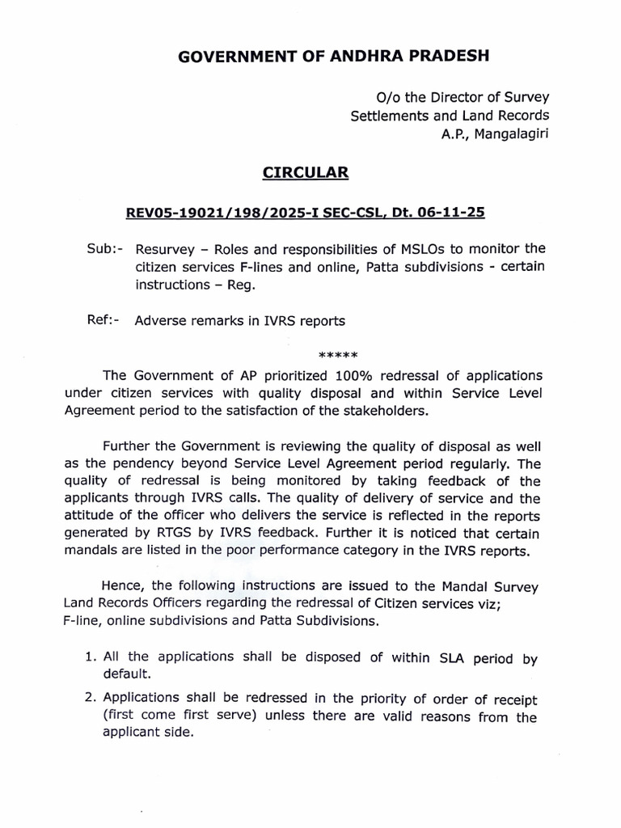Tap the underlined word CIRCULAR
(310, 172)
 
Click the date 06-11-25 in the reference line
(457, 213)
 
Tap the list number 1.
(89, 657)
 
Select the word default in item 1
(125, 674)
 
